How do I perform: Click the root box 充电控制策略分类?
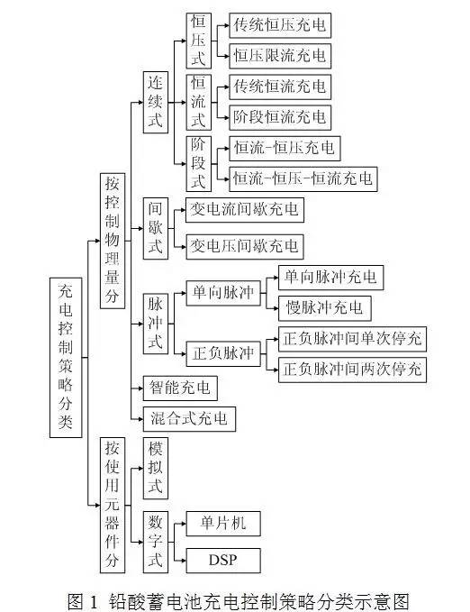(x=65, y=356)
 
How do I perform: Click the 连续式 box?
(x=155, y=110)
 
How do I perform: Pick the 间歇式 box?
(x=155, y=228)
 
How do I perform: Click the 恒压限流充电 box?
(x=279, y=56)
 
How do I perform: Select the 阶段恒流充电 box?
(x=279, y=117)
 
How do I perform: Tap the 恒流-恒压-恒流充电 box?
(x=303, y=178)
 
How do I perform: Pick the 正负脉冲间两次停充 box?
(x=352, y=369)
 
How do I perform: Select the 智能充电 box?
(x=179, y=388)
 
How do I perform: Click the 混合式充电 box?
(x=188, y=418)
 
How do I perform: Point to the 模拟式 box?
(x=155, y=469)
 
